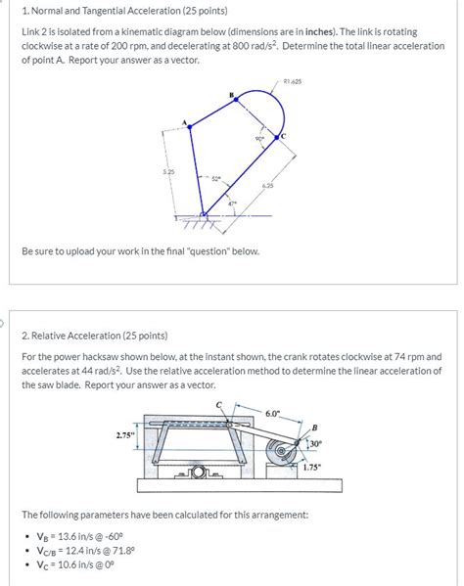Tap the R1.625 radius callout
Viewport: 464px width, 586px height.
[291, 80]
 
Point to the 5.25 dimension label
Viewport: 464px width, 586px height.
[168, 171]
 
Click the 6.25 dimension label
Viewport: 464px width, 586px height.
[267, 185]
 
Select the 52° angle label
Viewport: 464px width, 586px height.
[215, 179]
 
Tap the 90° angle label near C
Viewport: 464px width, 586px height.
[259, 139]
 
